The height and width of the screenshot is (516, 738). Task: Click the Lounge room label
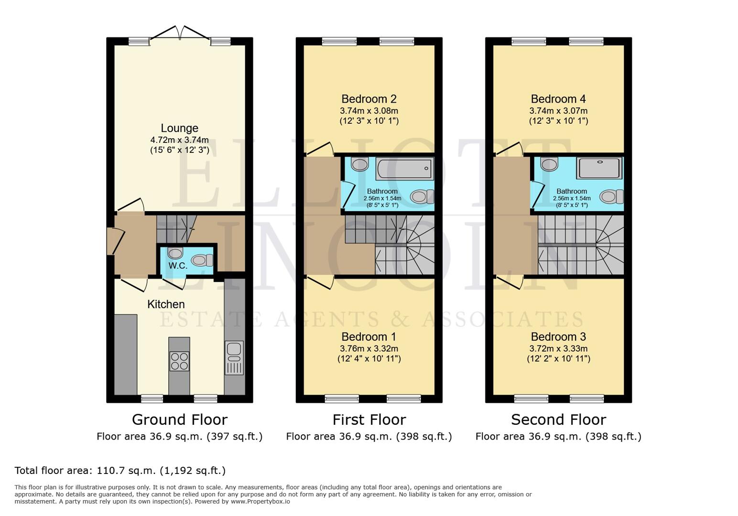pos(179,128)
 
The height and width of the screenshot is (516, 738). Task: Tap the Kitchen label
pos(166,304)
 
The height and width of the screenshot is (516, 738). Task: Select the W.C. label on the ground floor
pos(178,266)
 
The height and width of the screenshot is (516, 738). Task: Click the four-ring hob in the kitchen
pos(179,361)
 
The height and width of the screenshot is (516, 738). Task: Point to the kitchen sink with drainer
pos(234,358)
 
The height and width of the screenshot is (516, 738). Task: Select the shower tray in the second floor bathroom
pos(599,168)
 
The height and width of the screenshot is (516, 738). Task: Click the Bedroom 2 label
pos(369,99)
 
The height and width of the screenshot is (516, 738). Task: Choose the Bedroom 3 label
pos(558,337)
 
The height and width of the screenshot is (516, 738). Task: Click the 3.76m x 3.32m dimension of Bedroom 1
pos(369,348)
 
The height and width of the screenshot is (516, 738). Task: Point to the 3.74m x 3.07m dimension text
pos(558,110)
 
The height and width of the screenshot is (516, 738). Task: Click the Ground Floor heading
pos(179,419)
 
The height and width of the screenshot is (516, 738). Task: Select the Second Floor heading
pos(558,419)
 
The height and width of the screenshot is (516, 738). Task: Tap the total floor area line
pos(120,471)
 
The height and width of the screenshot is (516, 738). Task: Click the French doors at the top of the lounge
pos(181,33)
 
